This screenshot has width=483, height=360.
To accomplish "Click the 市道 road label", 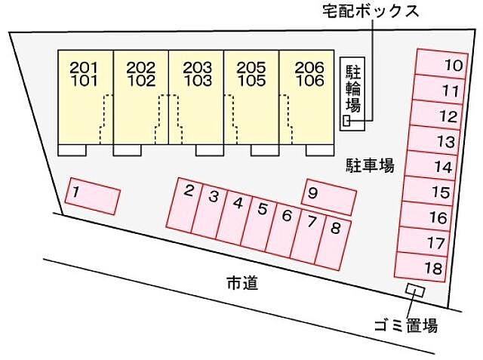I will click(242, 283).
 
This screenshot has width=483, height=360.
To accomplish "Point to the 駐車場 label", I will click(370, 165).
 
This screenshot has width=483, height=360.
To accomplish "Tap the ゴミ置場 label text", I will click(405, 326).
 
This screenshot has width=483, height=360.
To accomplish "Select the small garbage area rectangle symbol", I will click(415, 290).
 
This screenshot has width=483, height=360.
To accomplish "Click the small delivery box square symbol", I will click(347, 121).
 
